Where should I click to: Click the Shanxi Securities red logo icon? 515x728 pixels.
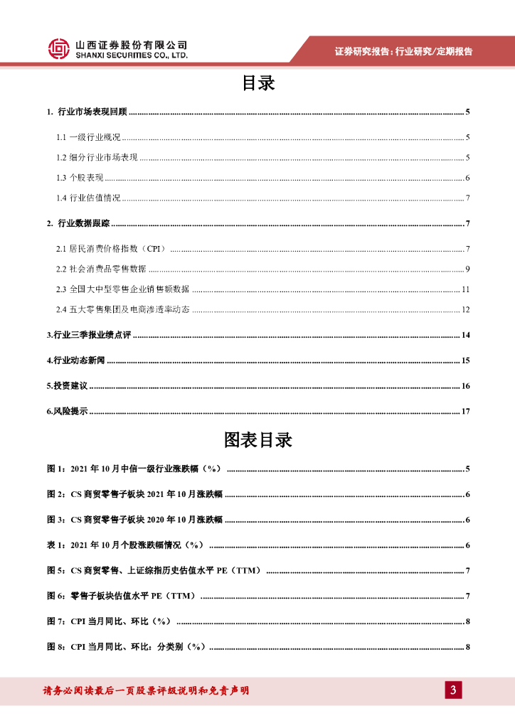click(60, 48)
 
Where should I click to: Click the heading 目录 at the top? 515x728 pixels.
click(257, 84)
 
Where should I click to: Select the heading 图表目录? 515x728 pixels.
click(257, 440)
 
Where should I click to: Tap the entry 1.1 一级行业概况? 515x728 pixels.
click(89, 138)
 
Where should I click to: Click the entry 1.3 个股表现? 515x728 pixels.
click(80, 178)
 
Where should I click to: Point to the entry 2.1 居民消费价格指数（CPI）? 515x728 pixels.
click(111, 249)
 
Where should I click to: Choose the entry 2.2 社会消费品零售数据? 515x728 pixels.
click(101, 269)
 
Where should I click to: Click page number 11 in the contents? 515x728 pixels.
click(465, 289)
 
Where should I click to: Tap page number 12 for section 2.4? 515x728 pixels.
click(465, 309)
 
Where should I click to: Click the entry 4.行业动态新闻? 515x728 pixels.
click(76, 360)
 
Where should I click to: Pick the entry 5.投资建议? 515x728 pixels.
click(67, 386)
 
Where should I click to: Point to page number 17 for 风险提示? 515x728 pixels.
click(465, 412)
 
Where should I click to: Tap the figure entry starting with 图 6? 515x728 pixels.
click(121, 596)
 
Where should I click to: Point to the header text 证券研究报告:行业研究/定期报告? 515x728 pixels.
click(403, 51)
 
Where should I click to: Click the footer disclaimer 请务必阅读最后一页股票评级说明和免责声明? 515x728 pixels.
click(146, 690)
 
